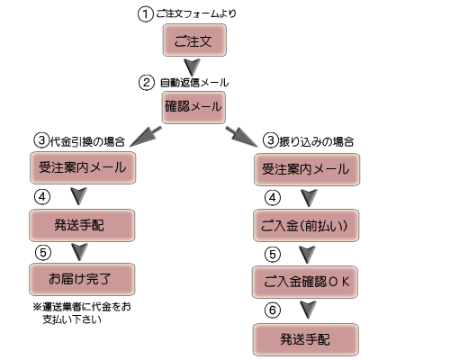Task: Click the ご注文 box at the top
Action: pos(194,40)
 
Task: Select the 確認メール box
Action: pos(193,107)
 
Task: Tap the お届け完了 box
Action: pos(82,279)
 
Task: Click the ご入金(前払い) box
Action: pos(306,225)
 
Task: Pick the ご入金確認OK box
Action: pos(305,282)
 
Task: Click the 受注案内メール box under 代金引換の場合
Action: pos(83,167)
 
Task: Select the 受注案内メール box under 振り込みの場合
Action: pos(307,169)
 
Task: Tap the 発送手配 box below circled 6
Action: pos(306,339)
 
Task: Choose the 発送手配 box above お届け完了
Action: pos(82,225)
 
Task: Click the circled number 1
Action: pos(146,14)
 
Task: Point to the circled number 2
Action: pos(147,82)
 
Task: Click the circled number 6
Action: pos(273,310)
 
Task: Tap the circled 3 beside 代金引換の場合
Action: pos(41,140)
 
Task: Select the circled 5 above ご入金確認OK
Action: pos(273,255)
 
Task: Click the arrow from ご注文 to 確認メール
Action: pos(192,67)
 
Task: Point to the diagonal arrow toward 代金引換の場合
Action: pos(146,137)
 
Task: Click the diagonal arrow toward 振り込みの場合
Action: pos(242,137)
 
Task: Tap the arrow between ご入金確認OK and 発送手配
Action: pos(309,310)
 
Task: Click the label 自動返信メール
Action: pos(194,83)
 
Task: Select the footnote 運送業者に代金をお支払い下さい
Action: pos(82,313)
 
